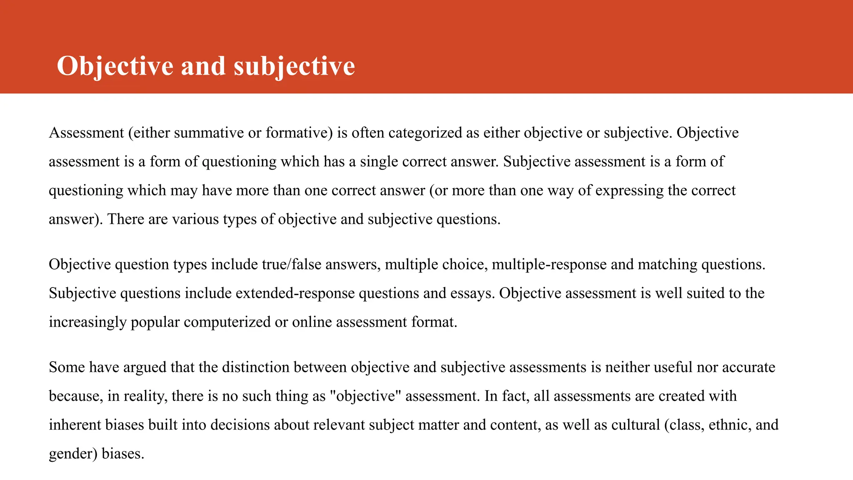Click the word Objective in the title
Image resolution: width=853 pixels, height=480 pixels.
115,66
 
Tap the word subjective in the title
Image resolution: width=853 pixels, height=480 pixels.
294,66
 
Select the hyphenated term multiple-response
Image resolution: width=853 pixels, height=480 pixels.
549,265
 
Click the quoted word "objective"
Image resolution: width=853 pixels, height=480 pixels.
365,396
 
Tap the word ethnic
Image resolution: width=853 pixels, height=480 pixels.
729,425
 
